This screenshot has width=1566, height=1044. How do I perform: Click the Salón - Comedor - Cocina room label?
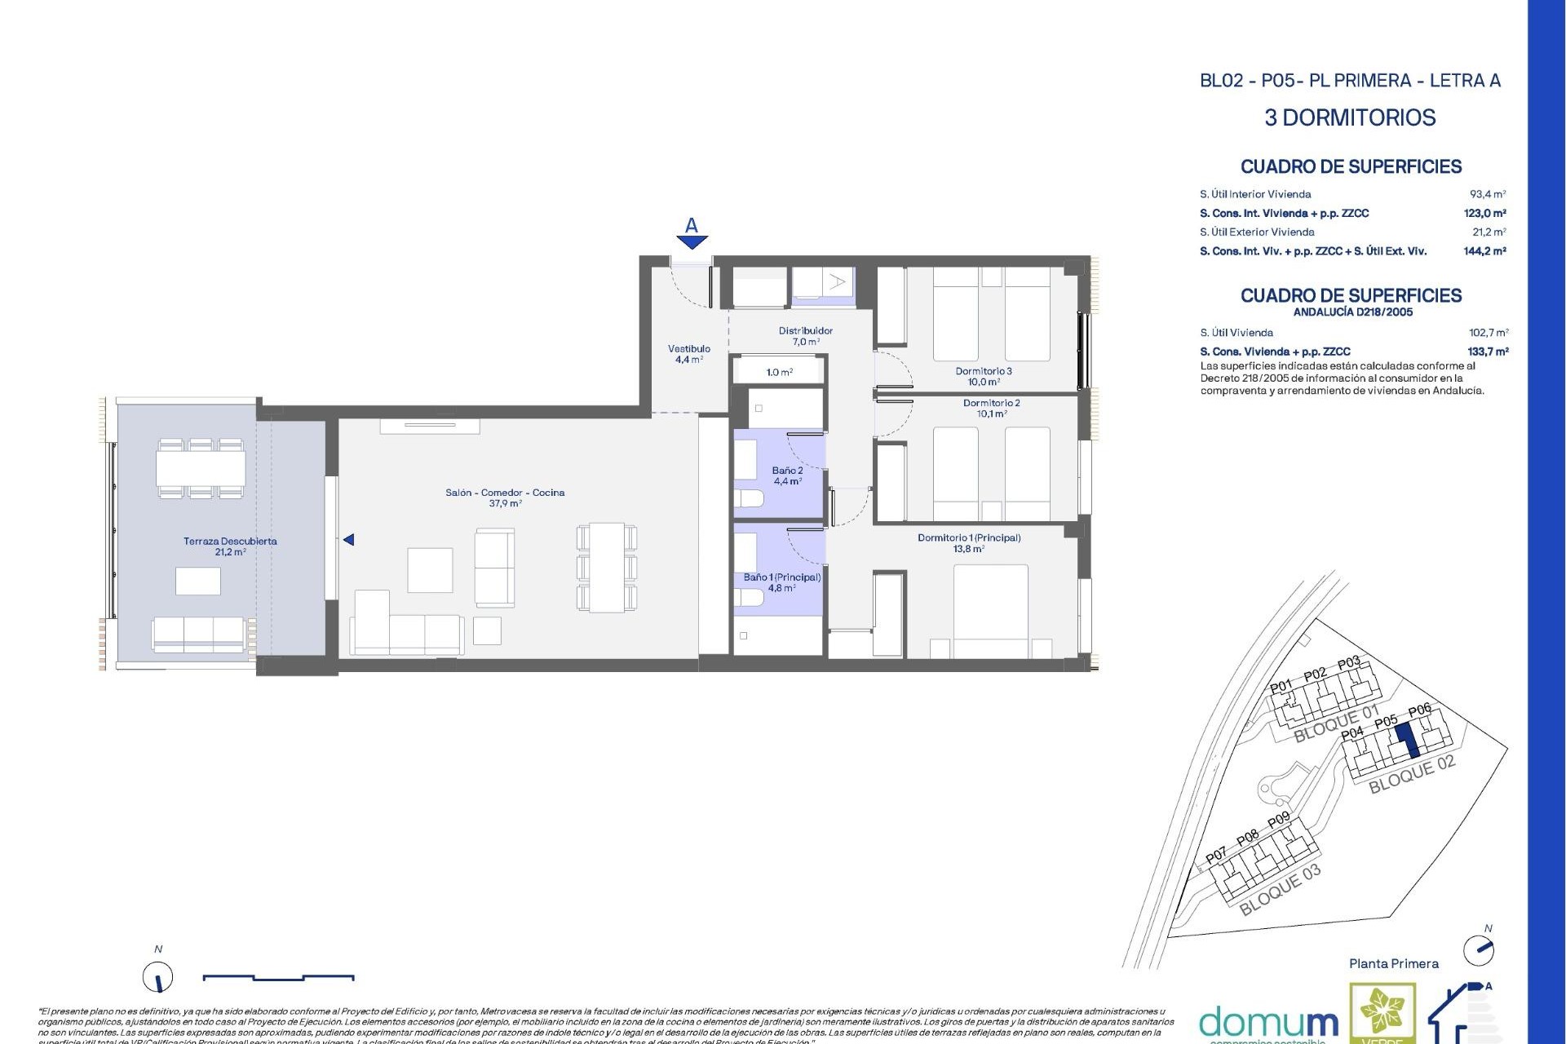pyautogui.click(x=505, y=493)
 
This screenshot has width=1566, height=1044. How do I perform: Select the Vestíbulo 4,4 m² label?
pyautogui.click(x=688, y=353)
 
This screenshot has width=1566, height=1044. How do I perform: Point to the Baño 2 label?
pyautogui.click(x=787, y=471)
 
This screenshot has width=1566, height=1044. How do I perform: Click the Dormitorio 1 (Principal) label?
pyautogui.click(x=969, y=538)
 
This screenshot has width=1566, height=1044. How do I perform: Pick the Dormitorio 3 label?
pyautogui.click(x=984, y=371)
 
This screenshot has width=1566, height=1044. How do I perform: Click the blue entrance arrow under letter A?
pyautogui.click(x=692, y=241)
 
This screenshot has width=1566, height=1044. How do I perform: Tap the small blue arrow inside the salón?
pyautogui.click(x=348, y=540)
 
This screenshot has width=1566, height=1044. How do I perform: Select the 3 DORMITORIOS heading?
pyautogui.click(x=1350, y=117)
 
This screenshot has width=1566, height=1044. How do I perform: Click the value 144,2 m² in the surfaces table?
pyautogui.click(x=1484, y=251)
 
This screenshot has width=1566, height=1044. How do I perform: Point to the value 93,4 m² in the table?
pyautogui.click(x=1488, y=194)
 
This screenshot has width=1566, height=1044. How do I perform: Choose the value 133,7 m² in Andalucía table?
pyautogui.click(x=1488, y=352)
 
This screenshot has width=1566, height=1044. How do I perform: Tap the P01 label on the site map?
pyautogui.click(x=1281, y=687)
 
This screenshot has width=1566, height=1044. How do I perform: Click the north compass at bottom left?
pyautogui.click(x=158, y=976)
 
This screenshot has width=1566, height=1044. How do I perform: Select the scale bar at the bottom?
pyautogui.click(x=278, y=976)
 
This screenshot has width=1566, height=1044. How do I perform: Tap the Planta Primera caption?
pyautogui.click(x=1393, y=964)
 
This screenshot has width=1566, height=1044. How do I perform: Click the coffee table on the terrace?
pyautogui.click(x=197, y=581)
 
